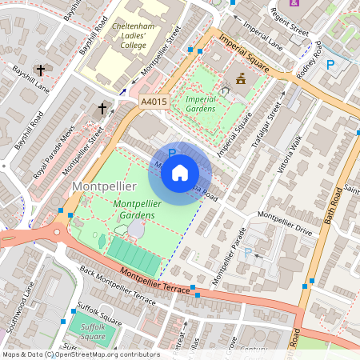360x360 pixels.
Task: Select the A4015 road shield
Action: click(x=154, y=102)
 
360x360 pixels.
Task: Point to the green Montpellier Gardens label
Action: click(x=138, y=210)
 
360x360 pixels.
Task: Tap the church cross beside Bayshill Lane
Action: click(x=40, y=70)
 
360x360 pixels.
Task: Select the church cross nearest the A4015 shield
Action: click(x=102, y=109)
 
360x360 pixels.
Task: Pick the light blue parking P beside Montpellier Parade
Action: click(x=247, y=253)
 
